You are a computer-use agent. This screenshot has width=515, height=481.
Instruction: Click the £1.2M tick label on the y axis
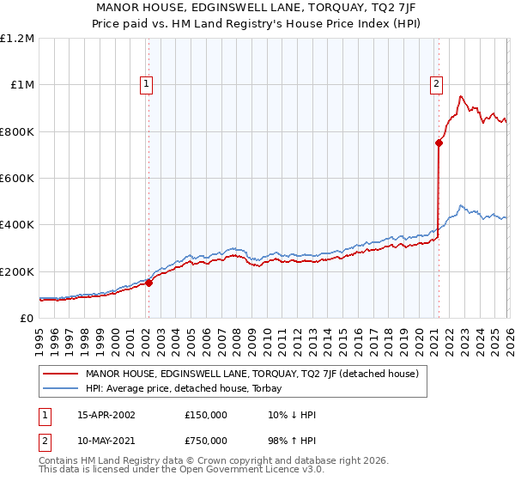click(17, 39)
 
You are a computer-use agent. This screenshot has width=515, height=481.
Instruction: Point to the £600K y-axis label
click(17, 179)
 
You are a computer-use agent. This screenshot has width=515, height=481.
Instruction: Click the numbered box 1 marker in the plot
click(148, 84)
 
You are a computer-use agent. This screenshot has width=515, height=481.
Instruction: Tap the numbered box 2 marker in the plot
click(437, 84)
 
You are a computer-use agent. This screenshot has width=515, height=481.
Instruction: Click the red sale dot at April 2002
click(148, 283)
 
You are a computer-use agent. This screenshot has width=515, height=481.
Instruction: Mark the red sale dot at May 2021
click(439, 143)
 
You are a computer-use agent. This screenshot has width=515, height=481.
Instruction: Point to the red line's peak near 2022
click(461, 96)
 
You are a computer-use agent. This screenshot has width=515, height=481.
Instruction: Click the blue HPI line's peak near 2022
click(461, 205)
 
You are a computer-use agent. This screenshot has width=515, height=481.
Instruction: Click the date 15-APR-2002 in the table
click(106, 415)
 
